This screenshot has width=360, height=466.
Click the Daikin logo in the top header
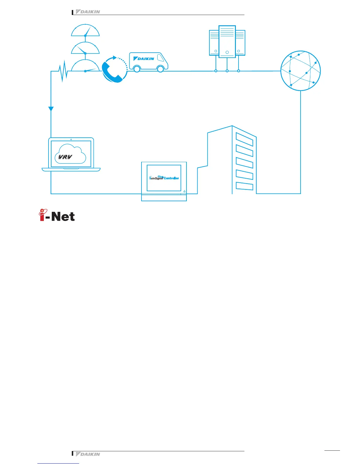88,12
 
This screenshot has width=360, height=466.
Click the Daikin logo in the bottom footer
88,454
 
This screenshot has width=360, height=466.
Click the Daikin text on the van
144,59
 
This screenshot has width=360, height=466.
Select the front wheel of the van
160,69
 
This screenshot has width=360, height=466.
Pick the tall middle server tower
227,41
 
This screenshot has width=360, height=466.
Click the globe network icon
300,71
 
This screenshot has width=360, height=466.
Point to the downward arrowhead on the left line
51,109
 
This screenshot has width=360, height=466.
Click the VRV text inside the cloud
65,157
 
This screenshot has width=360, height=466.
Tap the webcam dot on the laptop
71,139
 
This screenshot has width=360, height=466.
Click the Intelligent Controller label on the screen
164,178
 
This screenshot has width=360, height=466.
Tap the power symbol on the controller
184,191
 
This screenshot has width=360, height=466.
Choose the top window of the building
244,139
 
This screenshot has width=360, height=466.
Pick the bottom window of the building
244,186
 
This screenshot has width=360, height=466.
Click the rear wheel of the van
136,69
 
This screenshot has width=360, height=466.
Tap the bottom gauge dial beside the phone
85,66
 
